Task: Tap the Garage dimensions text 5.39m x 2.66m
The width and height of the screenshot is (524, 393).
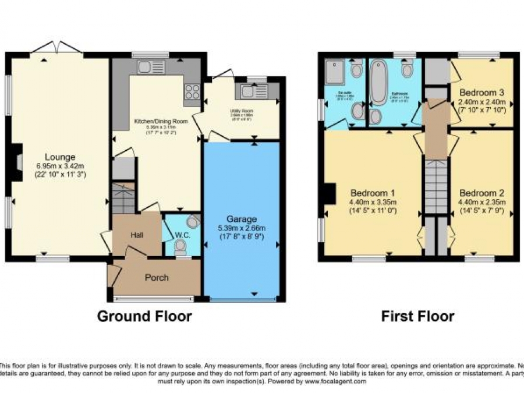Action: pyautogui.click(x=242, y=228)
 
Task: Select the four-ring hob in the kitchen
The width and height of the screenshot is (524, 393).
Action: pyautogui.click(x=192, y=92)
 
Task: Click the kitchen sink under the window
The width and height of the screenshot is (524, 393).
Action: pyautogui.click(x=151, y=67)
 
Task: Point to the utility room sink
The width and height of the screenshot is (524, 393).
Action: pyautogui.click(x=252, y=91)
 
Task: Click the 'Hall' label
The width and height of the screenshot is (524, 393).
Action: pyautogui.click(x=137, y=235)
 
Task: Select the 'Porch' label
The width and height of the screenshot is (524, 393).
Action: pyautogui.click(x=157, y=277)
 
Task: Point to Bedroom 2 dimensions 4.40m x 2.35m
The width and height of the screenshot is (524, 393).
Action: pyautogui.click(x=481, y=202)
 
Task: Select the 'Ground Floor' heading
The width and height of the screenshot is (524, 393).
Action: pyautogui.click(x=144, y=316)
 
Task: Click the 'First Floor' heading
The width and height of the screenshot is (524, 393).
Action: pyautogui.click(x=417, y=316)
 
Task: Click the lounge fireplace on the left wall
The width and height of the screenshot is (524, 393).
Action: pyautogui.click(x=17, y=161)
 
